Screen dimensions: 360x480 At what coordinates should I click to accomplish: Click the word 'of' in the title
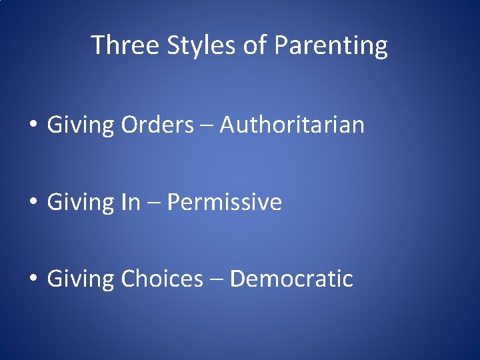255,45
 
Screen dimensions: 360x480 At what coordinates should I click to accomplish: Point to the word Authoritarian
292,124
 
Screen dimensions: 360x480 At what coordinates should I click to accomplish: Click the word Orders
157,124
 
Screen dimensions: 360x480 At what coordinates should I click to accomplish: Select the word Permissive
225,201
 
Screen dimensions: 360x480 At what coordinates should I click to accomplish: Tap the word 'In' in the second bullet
131,201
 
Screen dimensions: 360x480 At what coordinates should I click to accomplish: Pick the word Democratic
291,279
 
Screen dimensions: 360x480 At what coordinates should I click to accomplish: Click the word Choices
162,279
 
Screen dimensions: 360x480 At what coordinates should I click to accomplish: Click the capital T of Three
97,45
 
